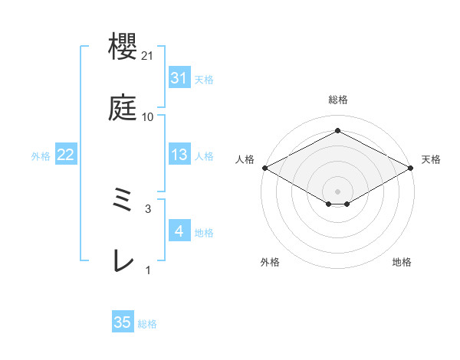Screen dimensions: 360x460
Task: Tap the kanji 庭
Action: point(123,109)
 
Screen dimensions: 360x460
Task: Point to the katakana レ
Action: point(123,261)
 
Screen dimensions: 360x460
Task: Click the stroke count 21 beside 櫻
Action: point(149,56)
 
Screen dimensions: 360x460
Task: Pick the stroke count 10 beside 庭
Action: point(148,116)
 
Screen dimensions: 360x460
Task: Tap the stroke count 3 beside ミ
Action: point(148,208)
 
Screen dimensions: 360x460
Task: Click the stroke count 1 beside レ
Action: point(148,269)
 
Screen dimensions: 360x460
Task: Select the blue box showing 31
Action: point(179,78)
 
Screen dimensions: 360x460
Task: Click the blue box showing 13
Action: point(179,155)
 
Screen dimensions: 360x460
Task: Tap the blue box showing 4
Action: point(179,231)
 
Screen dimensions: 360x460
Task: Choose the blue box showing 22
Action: point(66,155)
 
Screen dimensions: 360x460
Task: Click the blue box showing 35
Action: point(123,322)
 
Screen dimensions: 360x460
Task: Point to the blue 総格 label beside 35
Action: point(147,324)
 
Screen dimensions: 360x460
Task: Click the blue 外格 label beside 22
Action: point(41,156)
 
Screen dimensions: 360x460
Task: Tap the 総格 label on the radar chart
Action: point(337,100)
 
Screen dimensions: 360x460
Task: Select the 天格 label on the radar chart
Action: point(431,159)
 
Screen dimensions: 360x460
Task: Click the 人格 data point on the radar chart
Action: point(264,168)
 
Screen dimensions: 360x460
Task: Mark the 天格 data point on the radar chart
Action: point(412,168)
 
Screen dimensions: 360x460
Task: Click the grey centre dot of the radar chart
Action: point(337,191)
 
